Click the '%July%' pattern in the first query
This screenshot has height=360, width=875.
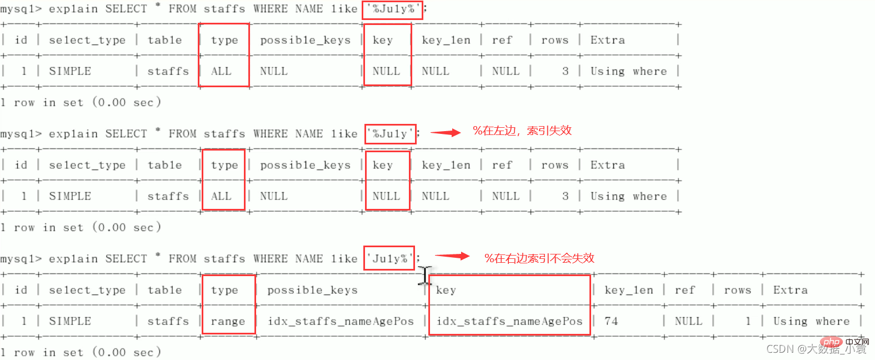coord(392,9)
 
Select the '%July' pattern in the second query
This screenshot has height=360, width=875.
coord(390,134)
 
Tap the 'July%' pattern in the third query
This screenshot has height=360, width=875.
coord(389,258)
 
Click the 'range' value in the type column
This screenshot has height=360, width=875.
coord(228,321)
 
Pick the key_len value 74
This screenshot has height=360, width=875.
coord(611,321)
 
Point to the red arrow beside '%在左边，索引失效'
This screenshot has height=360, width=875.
coord(446,132)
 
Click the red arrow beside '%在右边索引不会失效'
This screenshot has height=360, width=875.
coord(452,256)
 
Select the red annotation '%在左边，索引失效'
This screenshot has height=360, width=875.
coord(522,131)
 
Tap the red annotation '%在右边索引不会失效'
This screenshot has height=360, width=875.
coord(539,258)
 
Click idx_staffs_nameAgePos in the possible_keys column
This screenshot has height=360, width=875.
coord(341,321)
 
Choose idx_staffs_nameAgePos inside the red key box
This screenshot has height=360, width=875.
coord(509,321)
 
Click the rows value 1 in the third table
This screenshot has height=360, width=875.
coord(748,321)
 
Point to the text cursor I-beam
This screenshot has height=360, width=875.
coord(425,276)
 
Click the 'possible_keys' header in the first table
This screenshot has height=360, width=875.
coord(305,40)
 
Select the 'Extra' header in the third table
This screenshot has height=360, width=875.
coord(790,290)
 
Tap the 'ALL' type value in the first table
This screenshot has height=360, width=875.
coord(221,71)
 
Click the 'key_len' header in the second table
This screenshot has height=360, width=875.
coord(446,165)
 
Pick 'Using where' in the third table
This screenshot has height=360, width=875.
coord(811,321)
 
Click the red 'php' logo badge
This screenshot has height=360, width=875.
coord(831,342)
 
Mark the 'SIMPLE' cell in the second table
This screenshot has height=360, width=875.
coord(70,196)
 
